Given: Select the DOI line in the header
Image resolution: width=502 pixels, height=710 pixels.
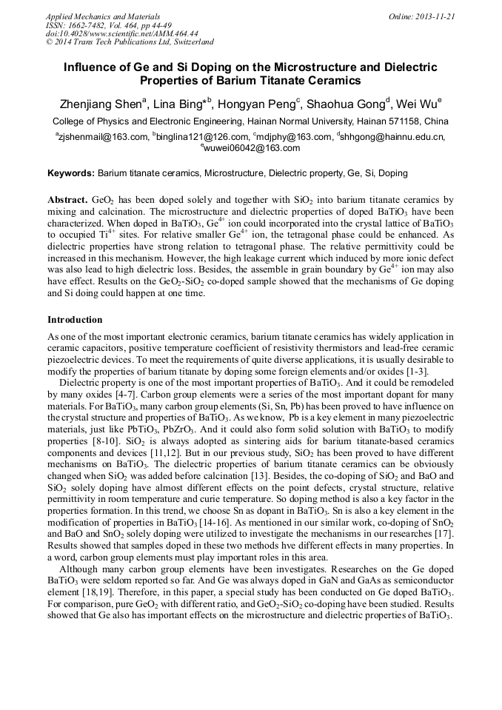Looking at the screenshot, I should point(122,33).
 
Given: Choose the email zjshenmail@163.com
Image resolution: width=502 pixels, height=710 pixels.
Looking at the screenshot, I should point(104,137).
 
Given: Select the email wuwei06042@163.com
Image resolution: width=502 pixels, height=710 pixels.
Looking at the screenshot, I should point(252,147).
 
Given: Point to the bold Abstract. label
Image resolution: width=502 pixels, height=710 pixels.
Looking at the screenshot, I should point(68,201).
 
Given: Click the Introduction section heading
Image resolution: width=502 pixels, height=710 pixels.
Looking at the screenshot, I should point(75,320).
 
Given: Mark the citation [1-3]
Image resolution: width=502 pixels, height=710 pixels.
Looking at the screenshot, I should point(415,372).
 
